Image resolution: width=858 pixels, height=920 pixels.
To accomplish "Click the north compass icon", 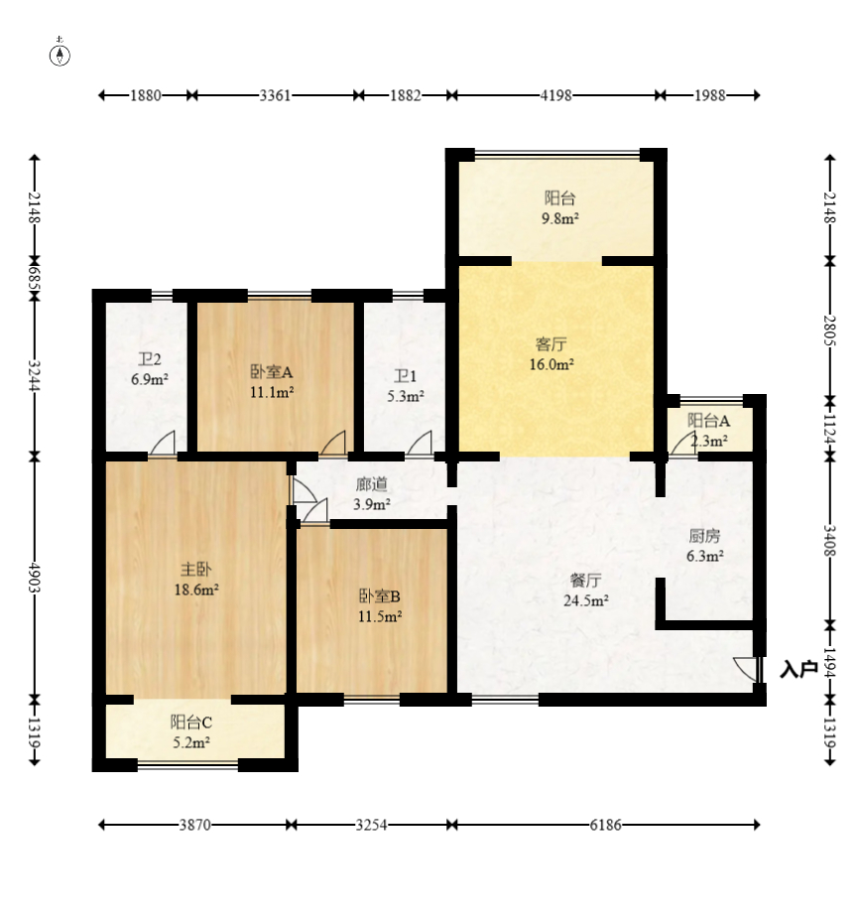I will point(61,54).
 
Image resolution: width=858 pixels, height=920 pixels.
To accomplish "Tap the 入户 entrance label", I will point(798,670).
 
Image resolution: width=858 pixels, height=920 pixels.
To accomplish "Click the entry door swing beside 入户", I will point(747,669).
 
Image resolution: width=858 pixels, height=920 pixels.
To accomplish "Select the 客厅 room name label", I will point(552,344).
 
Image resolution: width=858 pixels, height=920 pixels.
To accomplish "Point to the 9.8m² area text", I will point(559,218).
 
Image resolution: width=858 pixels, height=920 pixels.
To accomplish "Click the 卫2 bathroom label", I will point(150,359).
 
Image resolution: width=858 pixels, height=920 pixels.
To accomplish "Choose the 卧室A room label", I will point(271,372).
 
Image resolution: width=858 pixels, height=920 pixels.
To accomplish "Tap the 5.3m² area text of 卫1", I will point(405,396).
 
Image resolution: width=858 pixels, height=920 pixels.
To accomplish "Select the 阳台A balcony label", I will point(709,420).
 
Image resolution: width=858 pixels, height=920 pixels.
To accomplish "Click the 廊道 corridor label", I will point(372,485).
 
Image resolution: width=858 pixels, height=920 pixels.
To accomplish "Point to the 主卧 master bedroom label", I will point(194,570).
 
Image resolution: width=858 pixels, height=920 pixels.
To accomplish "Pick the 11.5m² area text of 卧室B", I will point(380,616).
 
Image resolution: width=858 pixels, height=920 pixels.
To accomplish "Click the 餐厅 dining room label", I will point(585,580).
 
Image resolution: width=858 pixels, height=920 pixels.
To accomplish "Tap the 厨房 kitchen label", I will point(704,536).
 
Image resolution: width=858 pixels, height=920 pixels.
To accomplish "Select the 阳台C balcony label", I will point(190,722).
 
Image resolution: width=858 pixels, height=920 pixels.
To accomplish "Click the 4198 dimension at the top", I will point(557,95).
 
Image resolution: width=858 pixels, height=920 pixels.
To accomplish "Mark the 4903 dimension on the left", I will point(35,576).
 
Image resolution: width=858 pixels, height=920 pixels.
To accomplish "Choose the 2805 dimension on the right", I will point(830,329).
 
